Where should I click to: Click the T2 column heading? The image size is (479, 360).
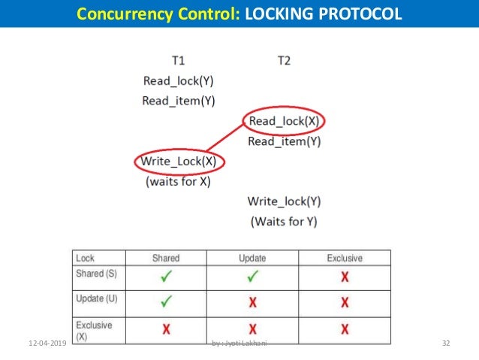(284, 59)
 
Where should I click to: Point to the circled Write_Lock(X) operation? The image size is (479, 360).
(180, 161)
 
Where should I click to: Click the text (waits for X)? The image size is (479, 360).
(179, 181)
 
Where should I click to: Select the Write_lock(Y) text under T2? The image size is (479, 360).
(285, 201)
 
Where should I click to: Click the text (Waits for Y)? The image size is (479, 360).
(285, 221)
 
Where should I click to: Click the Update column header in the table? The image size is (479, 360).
(252, 258)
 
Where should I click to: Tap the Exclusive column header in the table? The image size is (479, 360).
(344, 258)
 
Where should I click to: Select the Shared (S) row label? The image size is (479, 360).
(95, 274)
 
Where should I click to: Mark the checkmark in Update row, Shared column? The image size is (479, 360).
(166, 302)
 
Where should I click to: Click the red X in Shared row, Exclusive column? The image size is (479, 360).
(345, 277)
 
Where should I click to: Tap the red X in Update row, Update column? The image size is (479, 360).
(252, 303)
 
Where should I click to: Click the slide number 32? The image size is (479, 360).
(446, 343)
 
